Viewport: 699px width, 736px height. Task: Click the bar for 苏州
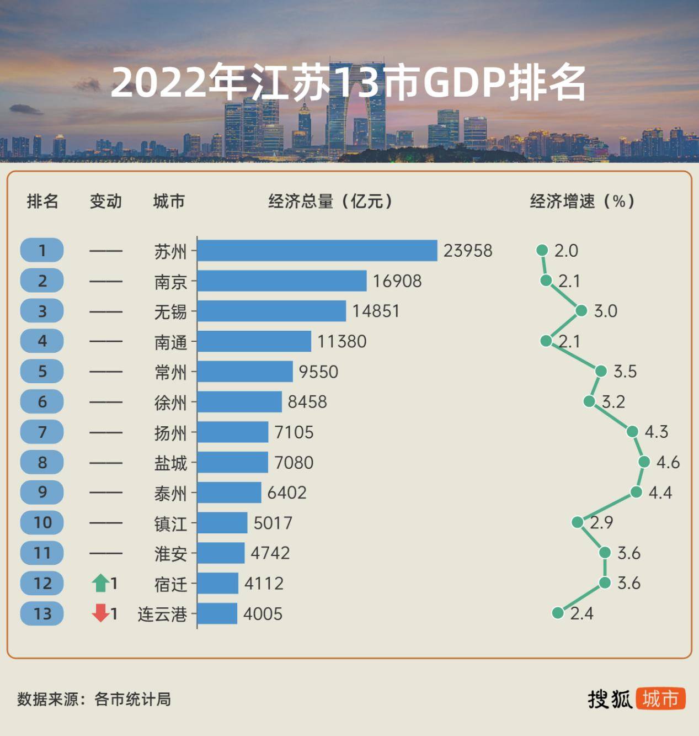click(317, 250)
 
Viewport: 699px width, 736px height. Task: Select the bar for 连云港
click(217, 613)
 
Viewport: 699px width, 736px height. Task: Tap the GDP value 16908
click(397, 281)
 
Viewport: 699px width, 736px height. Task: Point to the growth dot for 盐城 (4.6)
click(644, 462)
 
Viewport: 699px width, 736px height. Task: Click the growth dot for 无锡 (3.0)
click(581, 311)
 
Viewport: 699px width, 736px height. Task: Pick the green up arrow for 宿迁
click(100, 583)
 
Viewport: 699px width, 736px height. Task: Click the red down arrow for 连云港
click(100, 613)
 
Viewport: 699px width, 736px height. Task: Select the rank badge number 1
click(42, 251)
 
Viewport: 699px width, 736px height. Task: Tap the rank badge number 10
click(42, 522)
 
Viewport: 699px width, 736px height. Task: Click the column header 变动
click(105, 202)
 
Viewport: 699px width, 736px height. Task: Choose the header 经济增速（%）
click(582, 202)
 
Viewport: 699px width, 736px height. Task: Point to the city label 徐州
click(170, 403)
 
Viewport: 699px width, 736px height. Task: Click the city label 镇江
click(170, 523)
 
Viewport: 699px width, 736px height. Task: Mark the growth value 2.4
click(581, 613)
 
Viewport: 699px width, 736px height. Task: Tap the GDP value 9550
click(318, 372)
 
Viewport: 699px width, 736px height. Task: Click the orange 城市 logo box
click(660, 698)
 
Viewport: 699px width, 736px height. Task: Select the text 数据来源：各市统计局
click(94, 699)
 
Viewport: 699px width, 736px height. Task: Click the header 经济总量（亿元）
click(330, 202)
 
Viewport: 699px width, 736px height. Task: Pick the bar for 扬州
click(233, 432)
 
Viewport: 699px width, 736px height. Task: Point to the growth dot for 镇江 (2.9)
click(578, 522)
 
